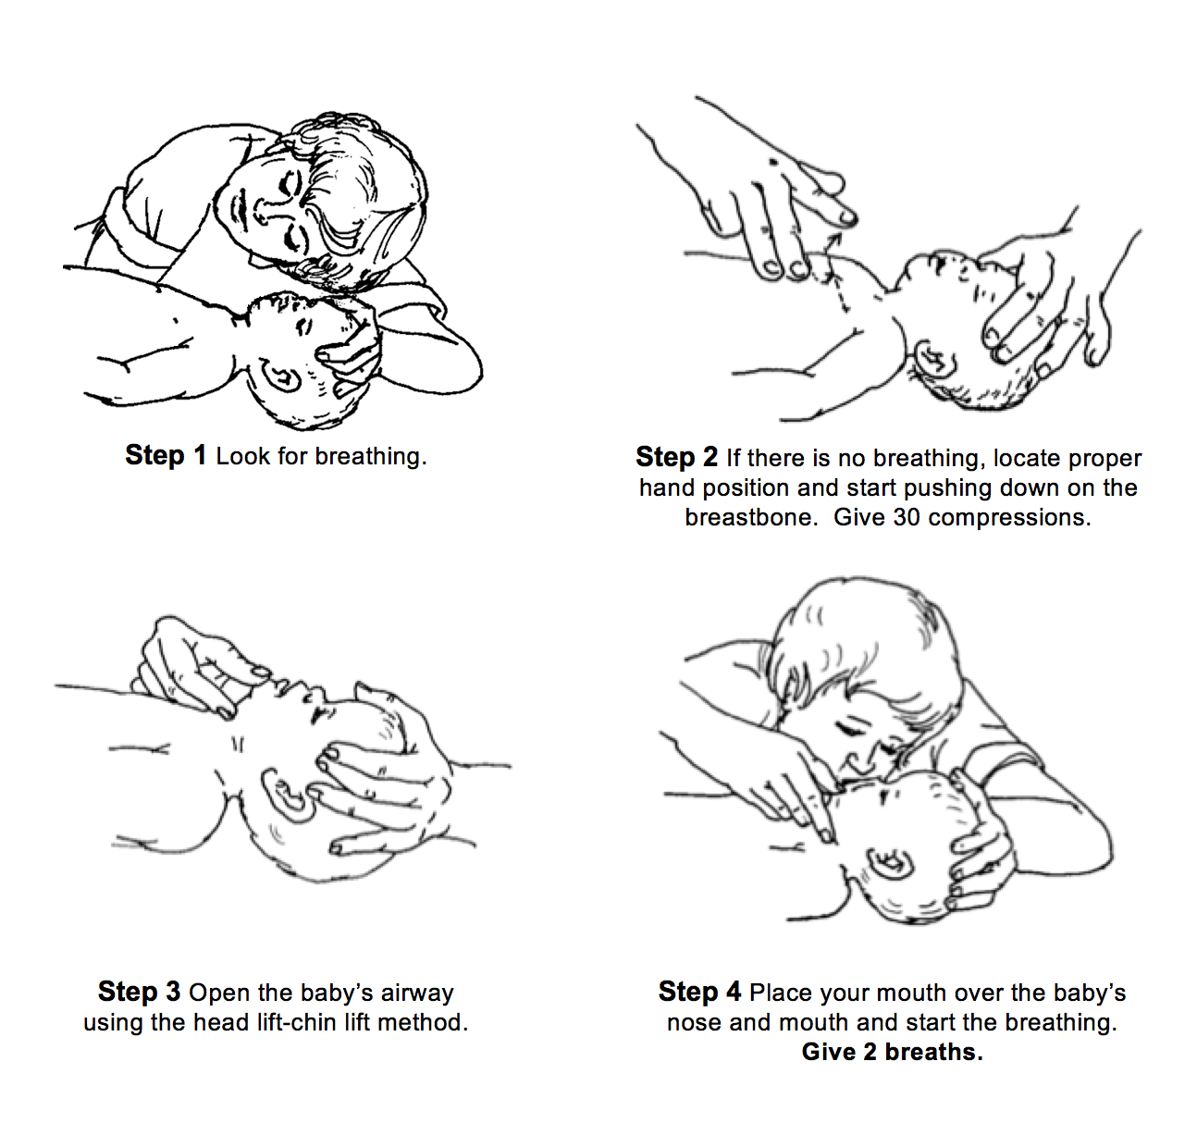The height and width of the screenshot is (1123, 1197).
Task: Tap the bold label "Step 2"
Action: (676, 457)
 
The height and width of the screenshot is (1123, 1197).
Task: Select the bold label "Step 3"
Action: (139, 992)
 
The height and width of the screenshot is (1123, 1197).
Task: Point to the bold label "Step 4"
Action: (699, 992)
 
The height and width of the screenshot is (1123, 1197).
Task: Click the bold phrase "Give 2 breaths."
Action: (892, 1052)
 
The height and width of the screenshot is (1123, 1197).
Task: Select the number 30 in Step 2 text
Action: (907, 517)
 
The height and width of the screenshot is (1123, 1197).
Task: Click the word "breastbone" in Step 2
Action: (750, 517)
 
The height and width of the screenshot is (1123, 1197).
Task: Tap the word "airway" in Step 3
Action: (417, 993)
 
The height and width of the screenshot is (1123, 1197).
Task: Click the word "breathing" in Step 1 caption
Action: (368, 456)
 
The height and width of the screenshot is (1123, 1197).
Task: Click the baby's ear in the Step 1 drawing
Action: (280, 376)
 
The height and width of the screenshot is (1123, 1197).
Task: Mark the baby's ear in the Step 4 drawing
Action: (890, 864)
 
